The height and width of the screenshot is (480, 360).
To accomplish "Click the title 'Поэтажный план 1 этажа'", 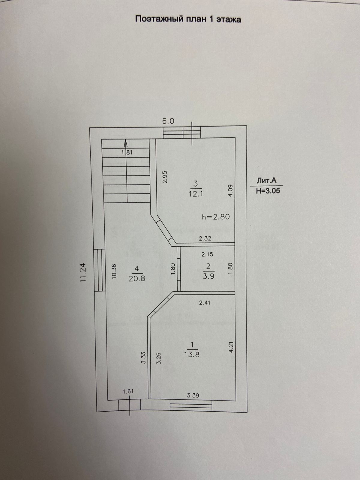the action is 188,19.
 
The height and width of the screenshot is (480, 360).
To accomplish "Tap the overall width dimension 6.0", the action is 168,121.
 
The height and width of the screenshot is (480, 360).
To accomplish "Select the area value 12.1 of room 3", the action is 196,194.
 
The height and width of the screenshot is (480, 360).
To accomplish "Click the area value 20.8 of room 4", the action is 137,278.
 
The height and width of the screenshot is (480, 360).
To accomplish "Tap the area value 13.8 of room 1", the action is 192,354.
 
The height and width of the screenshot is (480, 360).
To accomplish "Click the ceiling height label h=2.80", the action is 216,216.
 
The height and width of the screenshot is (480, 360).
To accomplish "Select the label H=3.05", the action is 268,191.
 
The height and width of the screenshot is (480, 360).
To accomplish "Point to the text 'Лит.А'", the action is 266,180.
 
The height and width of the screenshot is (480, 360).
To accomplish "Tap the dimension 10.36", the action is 114,271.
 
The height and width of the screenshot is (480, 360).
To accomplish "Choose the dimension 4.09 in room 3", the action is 230,190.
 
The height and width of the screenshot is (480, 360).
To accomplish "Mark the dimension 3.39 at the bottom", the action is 193,395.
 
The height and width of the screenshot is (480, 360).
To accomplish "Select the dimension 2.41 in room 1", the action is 205,303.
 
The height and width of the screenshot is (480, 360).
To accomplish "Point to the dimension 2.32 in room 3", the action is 205,238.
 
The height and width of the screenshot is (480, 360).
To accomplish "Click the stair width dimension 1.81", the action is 127,152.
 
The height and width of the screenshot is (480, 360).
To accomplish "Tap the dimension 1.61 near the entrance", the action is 128,391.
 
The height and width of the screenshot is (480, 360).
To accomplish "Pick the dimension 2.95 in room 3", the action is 164,177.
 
